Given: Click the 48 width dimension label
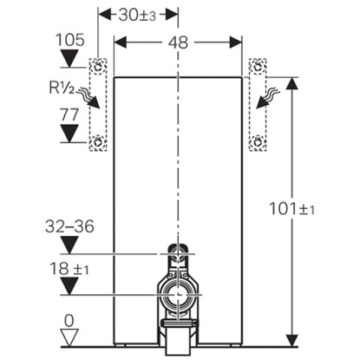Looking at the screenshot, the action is [x=179, y=43].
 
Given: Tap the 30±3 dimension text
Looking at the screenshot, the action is [x=137, y=15].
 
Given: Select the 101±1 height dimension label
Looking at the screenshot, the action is [x=291, y=208].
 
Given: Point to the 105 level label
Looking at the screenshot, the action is [x=69, y=40].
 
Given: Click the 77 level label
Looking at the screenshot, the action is [x=69, y=115].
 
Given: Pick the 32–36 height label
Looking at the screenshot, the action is [x=69, y=226].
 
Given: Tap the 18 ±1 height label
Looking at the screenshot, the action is [x=69, y=269].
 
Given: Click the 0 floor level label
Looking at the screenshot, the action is [x=69, y=321].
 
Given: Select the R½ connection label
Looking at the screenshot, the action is [x=62, y=88].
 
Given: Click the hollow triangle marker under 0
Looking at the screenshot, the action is [x=69, y=337].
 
